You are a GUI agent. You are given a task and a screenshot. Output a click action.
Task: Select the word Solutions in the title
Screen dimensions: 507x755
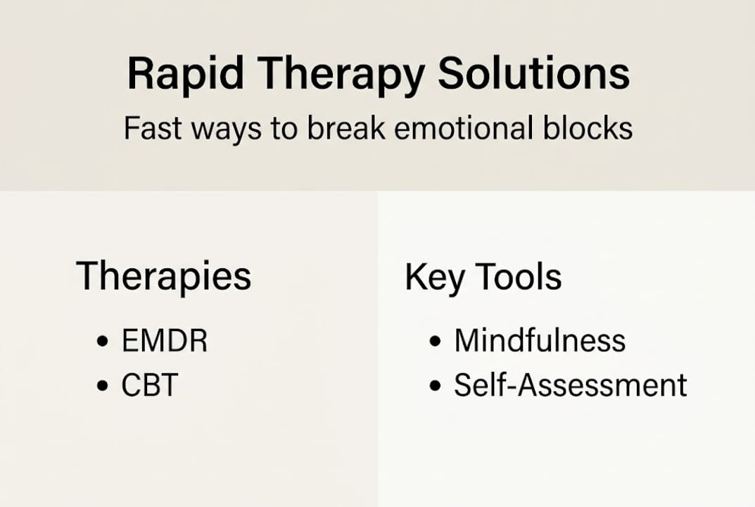(533, 74)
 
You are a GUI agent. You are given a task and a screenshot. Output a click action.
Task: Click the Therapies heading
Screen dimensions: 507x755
(163, 276)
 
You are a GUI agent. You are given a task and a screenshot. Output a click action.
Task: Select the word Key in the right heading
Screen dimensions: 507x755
(434, 277)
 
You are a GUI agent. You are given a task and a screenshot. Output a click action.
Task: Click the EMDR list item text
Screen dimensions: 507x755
(165, 342)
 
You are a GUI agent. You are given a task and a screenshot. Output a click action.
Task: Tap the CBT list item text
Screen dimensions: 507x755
(150, 385)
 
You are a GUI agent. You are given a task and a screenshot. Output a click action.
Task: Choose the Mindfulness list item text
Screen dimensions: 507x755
(540, 342)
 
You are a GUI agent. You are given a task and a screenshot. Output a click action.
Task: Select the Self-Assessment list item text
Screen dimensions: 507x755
(570, 385)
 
